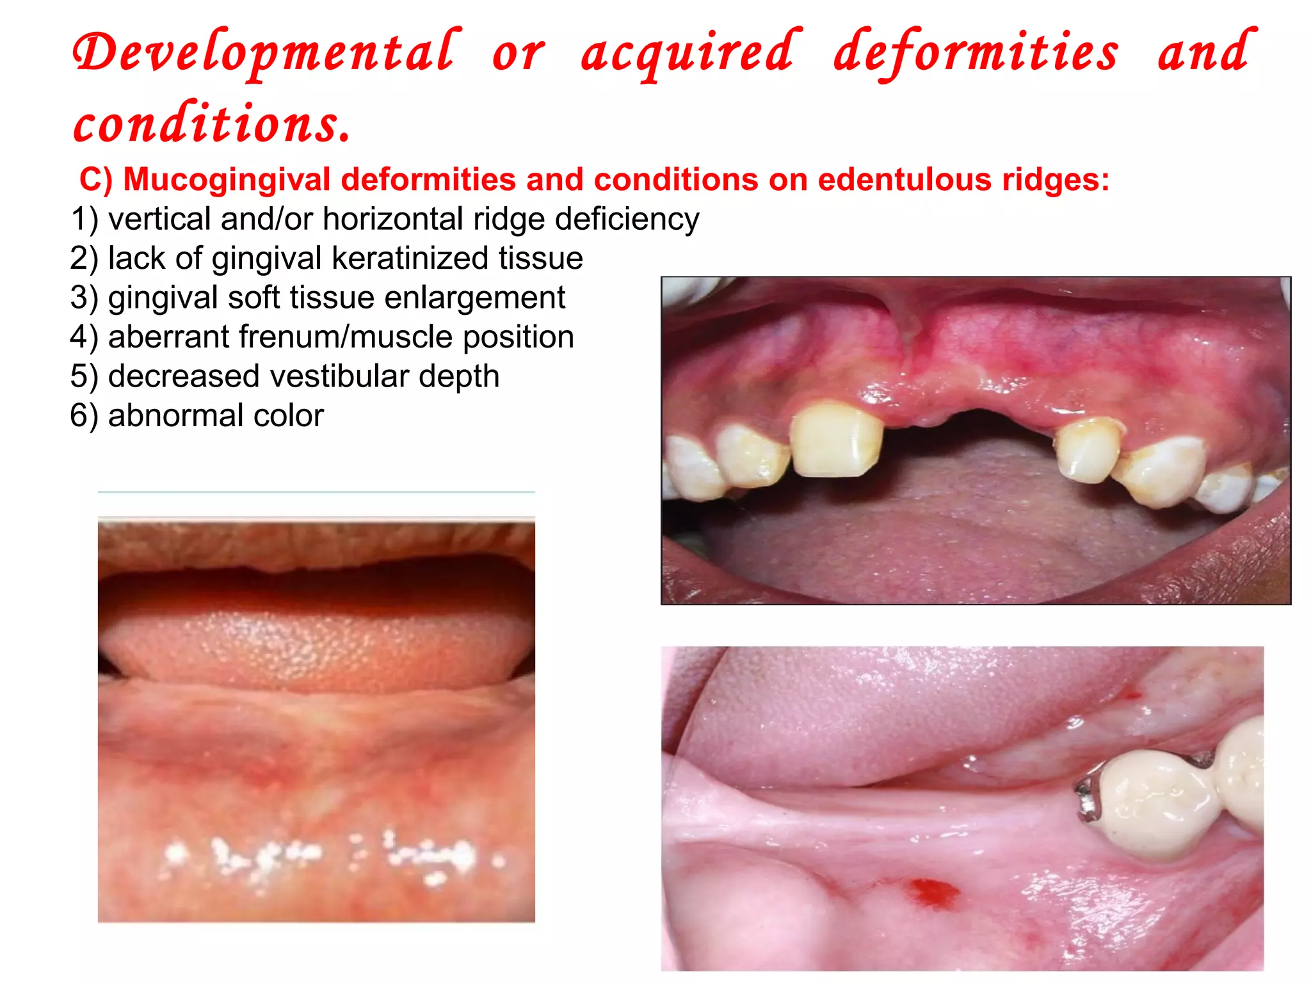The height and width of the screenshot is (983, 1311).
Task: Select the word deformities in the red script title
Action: click(976, 53)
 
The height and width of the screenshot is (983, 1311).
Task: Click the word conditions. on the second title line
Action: click(212, 123)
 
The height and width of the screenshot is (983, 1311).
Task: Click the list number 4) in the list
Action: click(84, 337)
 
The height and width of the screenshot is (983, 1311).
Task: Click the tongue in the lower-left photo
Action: click(317, 650)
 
